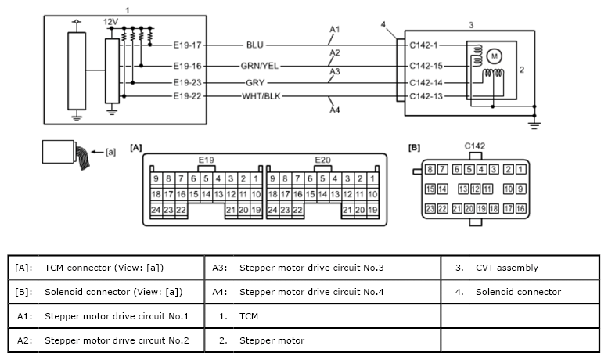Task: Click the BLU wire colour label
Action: [x=255, y=45]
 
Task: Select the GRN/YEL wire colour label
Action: [x=260, y=66]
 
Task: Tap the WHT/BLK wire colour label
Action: [x=261, y=96]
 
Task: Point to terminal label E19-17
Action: [x=187, y=45]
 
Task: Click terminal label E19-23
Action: [x=187, y=83]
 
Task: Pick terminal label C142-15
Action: [x=426, y=66]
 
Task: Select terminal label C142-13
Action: [x=426, y=96]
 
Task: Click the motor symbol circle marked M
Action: [x=494, y=56]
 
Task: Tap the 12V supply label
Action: [x=110, y=22]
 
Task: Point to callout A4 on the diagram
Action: [x=335, y=110]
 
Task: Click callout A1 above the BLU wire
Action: [x=335, y=29]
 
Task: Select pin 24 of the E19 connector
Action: [x=156, y=210]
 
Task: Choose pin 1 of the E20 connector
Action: [x=372, y=178]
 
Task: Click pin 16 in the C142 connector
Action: [x=521, y=209]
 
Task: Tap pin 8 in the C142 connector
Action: [x=430, y=169]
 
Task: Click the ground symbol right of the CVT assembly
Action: [x=534, y=125]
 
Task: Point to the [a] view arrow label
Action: [x=110, y=152]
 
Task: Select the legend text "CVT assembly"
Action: [x=507, y=268]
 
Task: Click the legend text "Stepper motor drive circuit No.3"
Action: [x=311, y=268]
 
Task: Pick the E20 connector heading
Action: [x=322, y=160]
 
